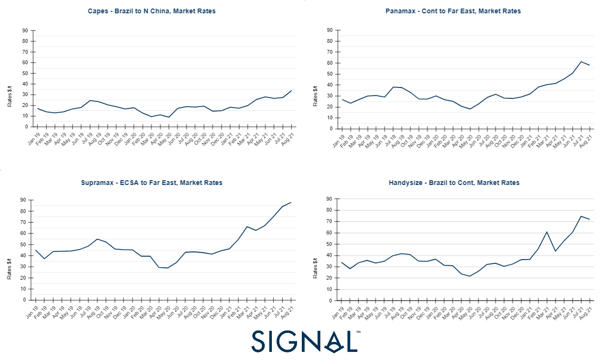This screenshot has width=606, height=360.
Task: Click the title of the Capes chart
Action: [152, 11]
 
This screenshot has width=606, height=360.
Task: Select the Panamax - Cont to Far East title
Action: [453, 11]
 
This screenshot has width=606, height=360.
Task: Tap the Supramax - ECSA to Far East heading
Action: [152, 183]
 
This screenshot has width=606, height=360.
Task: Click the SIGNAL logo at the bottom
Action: [305, 341]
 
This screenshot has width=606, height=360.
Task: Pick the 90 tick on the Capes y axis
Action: [25, 30]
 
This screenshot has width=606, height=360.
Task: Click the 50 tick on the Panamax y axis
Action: [329, 74]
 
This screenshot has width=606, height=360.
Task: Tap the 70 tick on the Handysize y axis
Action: [329, 222]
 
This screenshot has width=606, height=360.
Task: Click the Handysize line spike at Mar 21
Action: [547, 232]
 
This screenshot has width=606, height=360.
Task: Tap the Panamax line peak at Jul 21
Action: [581, 61]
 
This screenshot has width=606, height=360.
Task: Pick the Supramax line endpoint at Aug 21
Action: [291, 202]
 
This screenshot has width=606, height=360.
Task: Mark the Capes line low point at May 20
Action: [169, 117]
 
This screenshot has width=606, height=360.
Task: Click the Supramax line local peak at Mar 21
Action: [247, 226]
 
